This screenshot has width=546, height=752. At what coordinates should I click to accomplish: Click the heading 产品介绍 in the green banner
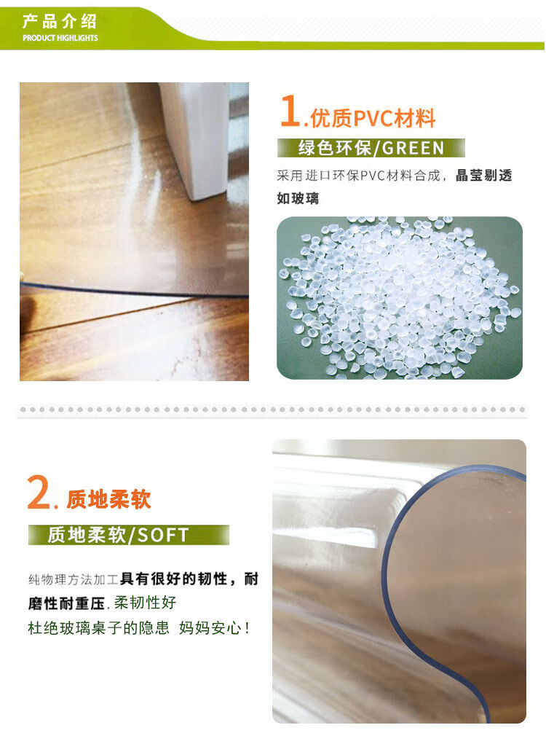pyautogui.click(x=60, y=21)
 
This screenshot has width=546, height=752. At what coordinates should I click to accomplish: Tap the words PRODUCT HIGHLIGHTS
pyautogui.click(x=60, y=38)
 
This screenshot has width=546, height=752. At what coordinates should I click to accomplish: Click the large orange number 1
pyautogui.click(x=290, y=111)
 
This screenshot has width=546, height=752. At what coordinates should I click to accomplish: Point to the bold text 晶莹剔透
pyautogui.click(x=483, y=176)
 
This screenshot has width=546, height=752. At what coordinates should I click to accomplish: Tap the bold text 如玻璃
pyautogui.click(x=298, y=198)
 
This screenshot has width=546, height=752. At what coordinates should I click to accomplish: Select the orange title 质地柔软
pyautogui.click(x=108, y=499)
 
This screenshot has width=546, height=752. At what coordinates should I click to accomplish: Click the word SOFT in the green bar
pyautogui.click(x=163, y=536)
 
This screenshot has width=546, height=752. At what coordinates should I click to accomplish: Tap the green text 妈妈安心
pyautogui.click(x=210, y=628)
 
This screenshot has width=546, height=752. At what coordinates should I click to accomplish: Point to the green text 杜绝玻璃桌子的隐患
pyautogui.click(x=99, y=628)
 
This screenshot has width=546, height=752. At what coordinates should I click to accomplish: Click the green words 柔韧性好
pyautogui.click(x=145, y=603)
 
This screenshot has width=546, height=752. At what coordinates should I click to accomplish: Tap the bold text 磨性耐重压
pyautogui.click(x=66, y=603)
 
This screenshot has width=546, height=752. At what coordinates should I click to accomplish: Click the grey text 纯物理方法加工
pyautogui.click(x=74, y=579)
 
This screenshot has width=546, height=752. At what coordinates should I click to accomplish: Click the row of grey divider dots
pyautogui.click(x=272, y=410)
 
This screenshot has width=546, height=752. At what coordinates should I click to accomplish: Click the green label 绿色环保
pyautogui.click(x=335, y=148)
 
